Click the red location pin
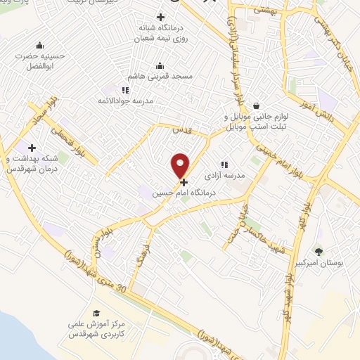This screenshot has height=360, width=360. point(181,165)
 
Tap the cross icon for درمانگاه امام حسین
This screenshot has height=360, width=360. point(184,181)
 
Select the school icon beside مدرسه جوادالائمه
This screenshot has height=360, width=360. point(125,90)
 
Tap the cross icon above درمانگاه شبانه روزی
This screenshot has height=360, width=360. point(161,17)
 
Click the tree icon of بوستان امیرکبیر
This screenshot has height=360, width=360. point(320,251)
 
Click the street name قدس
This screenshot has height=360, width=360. point(181,130)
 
